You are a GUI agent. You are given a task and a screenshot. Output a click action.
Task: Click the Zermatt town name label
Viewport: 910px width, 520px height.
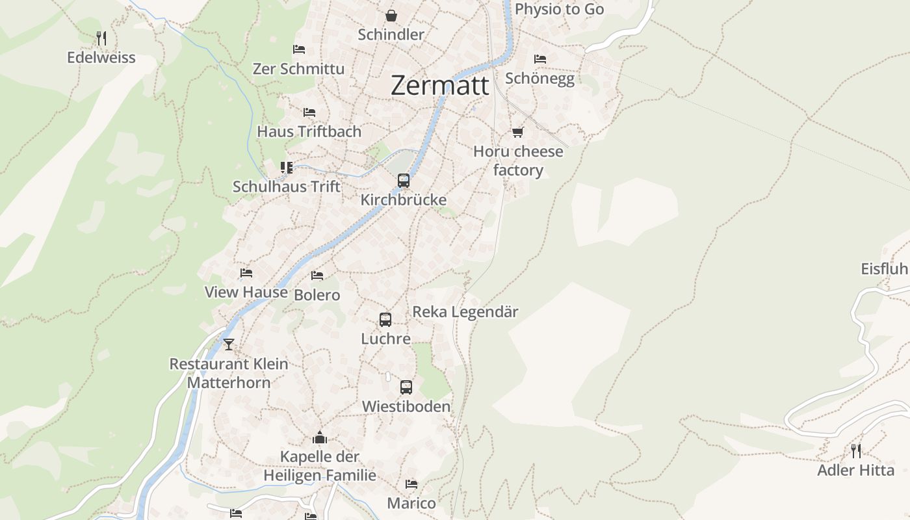pyautogui.click(x=439, y=86)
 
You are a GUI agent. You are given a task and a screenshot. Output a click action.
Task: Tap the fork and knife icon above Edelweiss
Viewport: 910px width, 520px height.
pyautogui.click(x=101, y=38)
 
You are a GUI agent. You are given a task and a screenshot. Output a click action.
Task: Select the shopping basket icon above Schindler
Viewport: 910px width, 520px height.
pyautogui.click(x=391, y=15)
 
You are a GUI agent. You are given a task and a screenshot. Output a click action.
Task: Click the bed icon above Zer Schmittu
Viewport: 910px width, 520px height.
pyautogui.click(x=299, y=49)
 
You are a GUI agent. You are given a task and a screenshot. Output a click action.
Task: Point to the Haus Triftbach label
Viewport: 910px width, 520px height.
pyautogui.click(x=309, y=131)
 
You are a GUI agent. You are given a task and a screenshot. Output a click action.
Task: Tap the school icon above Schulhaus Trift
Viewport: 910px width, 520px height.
pyautogui.click(x=287, y=168)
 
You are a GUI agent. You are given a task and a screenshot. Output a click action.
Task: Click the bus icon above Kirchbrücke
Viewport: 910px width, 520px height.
pyautogui.click(x=404, y=181)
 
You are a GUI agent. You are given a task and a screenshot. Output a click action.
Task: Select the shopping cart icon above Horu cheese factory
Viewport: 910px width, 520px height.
pyautogui.click(x=517, y=133)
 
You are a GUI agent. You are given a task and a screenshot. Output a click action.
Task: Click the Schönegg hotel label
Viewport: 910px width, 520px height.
pyautogui.click(x=539, y=79)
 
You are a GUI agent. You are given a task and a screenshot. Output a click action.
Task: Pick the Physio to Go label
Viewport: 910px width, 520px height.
pyautogui.click(x=559, y=9)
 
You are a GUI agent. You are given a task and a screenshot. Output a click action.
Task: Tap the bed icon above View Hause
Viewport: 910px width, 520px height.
pyautogui.click(x=246, y=273)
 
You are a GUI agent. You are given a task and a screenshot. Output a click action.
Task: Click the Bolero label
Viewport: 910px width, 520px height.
pyautogui.click(x=317, y=295)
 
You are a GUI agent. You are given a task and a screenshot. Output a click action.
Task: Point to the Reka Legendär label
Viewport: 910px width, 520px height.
pyautogui.click(x=465, y=312)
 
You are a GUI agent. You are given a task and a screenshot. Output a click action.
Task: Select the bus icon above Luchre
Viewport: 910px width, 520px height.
pyautogui.click(x=385, y=320)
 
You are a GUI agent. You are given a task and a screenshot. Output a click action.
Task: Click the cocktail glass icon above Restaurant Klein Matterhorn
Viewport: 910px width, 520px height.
pyautogui.click(x=228, y=344)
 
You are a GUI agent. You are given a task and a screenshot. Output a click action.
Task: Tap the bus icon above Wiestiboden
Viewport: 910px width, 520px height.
pyautogui.click(x=406, y=387)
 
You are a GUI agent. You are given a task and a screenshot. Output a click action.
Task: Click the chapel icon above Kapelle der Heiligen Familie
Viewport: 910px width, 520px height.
pyautogui.click(x=319, y=437)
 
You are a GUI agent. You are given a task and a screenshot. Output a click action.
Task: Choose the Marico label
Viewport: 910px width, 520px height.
pyautogui.click(x=411, y=503)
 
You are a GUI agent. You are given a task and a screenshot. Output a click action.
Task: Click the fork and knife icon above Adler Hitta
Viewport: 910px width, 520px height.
pyautogui.click(x=856, y=450)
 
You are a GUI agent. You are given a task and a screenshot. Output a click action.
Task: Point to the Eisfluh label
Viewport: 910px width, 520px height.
pyautogui.click(x=884, y=269)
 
